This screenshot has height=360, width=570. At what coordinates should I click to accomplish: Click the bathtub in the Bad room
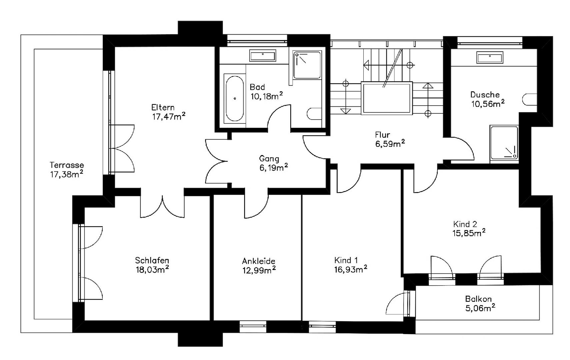235,98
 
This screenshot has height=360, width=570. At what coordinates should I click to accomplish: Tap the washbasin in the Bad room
263,56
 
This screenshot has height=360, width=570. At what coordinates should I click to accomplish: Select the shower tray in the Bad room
307,65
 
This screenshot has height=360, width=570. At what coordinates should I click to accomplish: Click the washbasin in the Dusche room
490,57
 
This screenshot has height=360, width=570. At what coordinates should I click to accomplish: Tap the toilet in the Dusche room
530,100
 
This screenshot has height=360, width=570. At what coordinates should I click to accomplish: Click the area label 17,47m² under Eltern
169,116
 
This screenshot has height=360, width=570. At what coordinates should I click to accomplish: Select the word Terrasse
67,165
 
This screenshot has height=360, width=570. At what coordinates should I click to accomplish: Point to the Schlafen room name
152,260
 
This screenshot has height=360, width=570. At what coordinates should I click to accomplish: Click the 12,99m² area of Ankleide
259,270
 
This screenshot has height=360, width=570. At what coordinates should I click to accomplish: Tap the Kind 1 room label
346,260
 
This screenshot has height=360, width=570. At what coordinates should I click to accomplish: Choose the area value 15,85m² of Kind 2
469,233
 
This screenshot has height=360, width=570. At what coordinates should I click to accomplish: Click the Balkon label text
478,299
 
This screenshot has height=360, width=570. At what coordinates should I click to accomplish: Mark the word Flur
382,135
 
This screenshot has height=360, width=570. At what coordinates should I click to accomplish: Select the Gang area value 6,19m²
274,168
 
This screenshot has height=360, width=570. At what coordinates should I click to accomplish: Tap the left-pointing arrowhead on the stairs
366,65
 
